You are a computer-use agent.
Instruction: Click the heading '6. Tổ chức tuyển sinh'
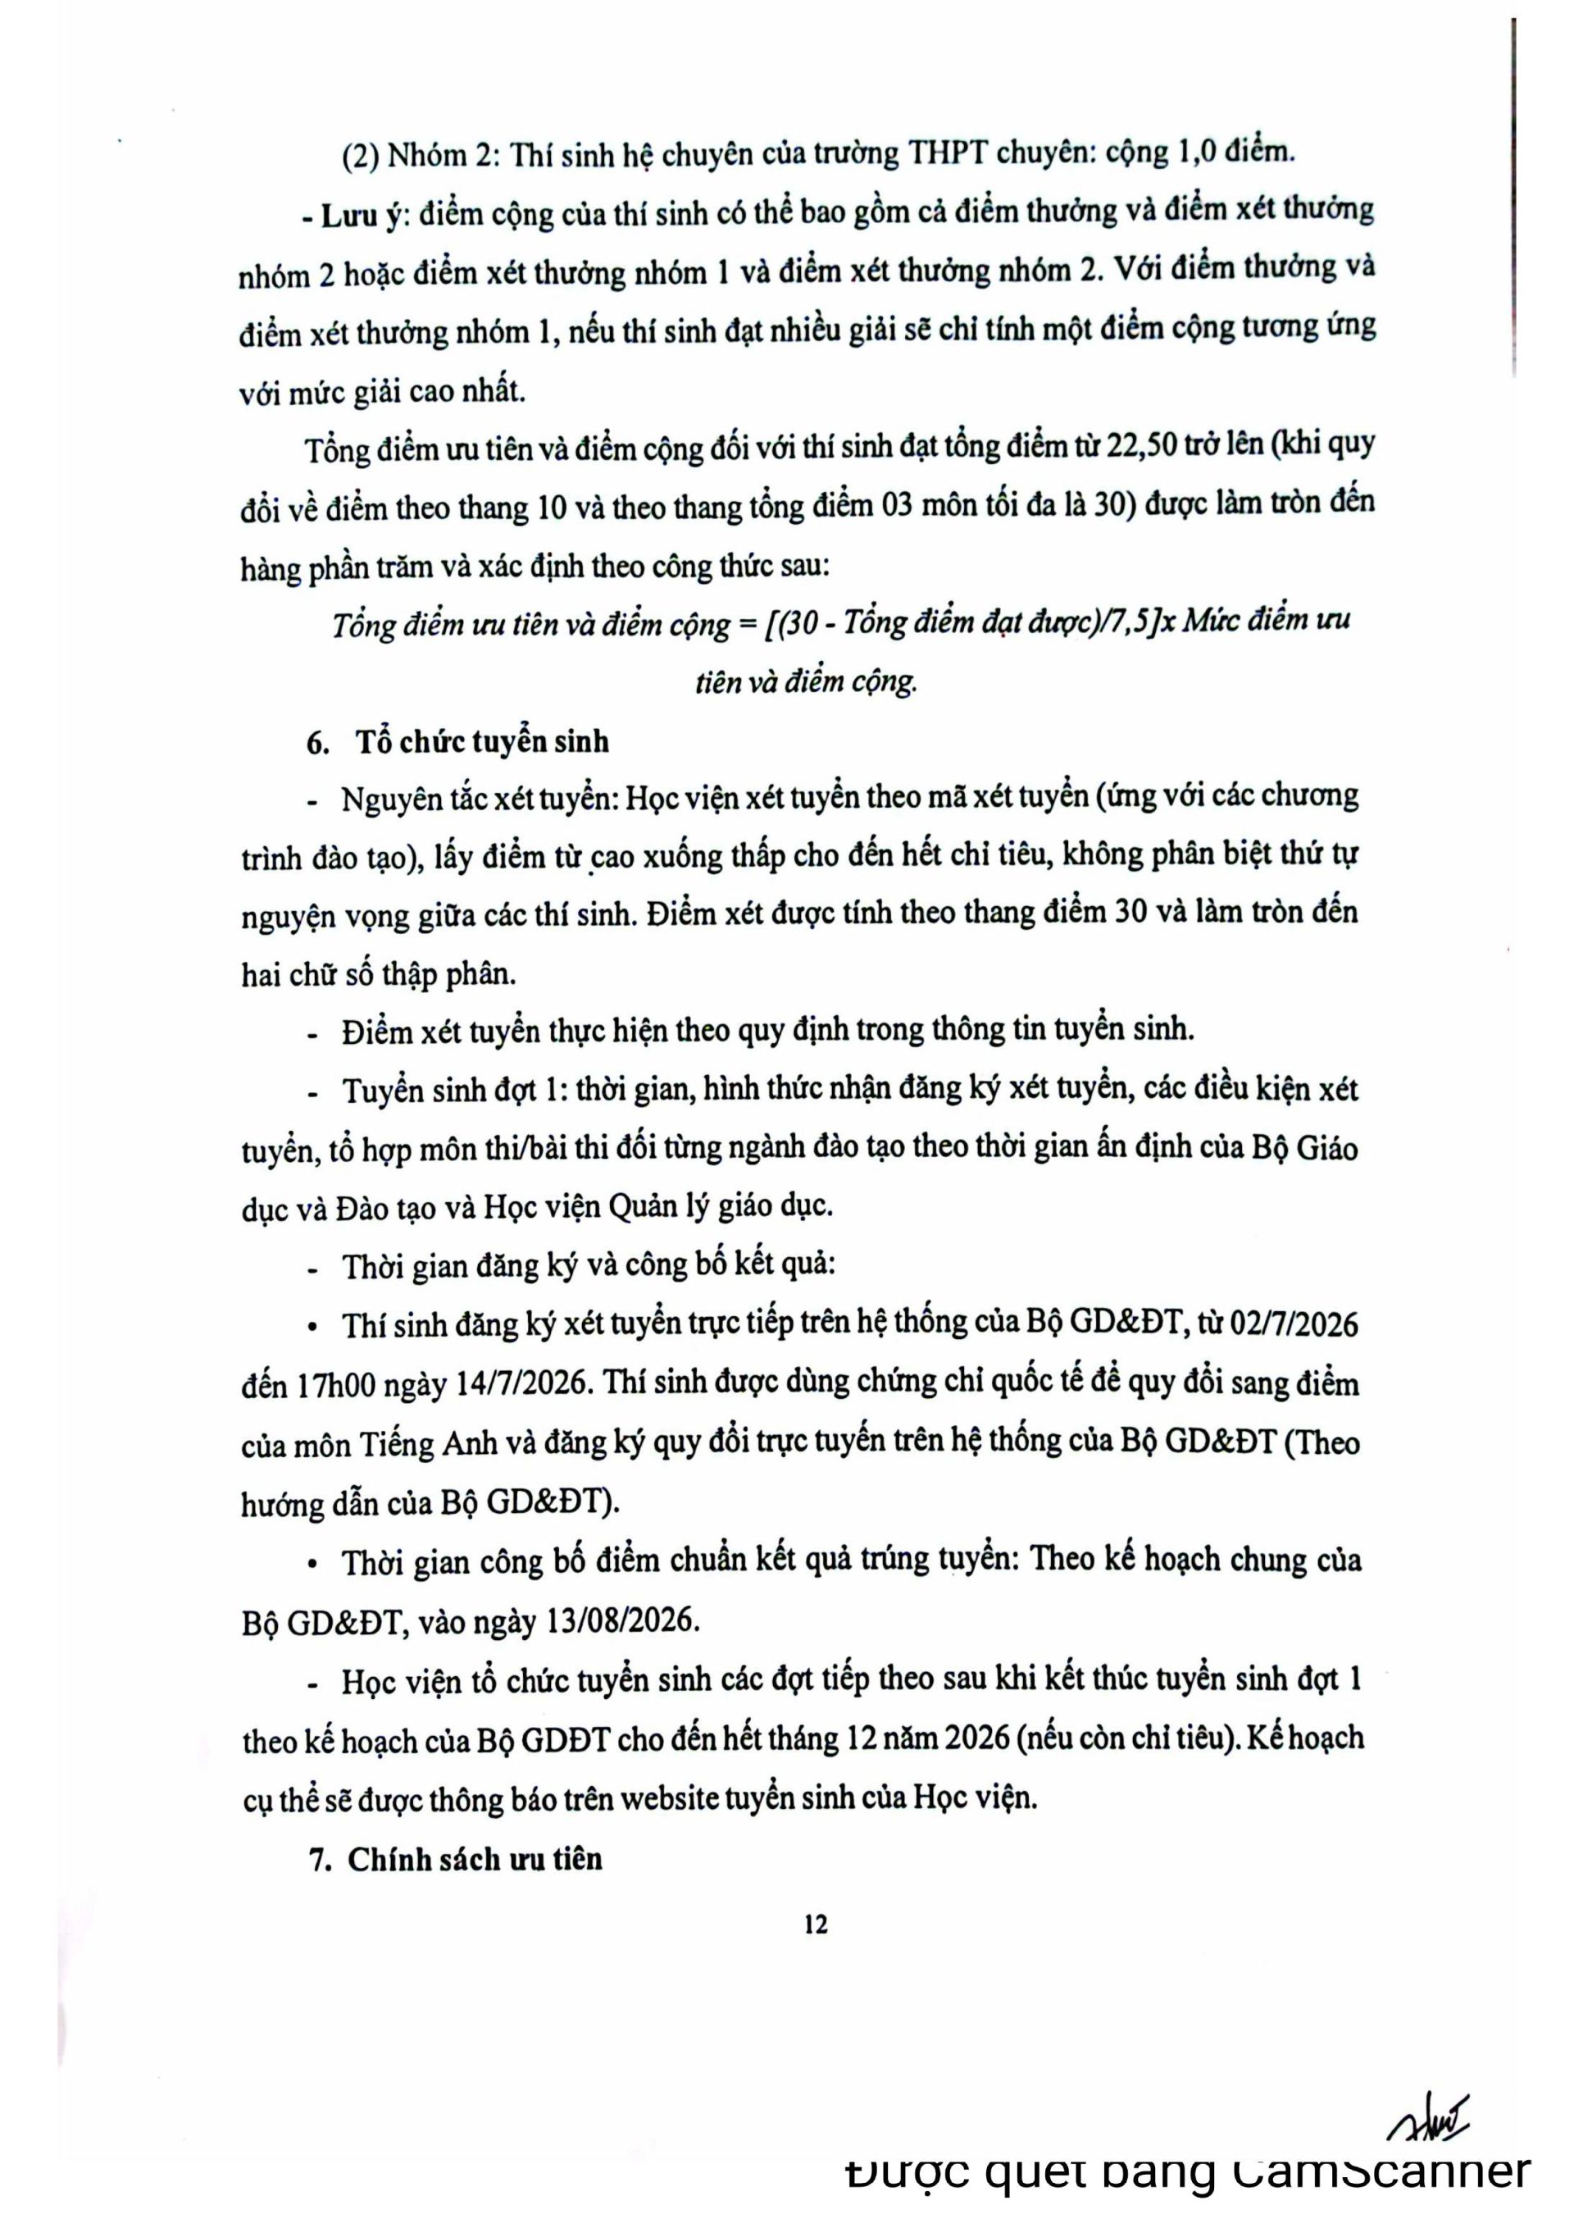tap(457, 741)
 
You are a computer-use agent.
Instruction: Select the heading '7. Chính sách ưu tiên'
tap(456, 1858)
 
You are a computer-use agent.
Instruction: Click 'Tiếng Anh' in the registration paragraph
tap(427, 1444)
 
